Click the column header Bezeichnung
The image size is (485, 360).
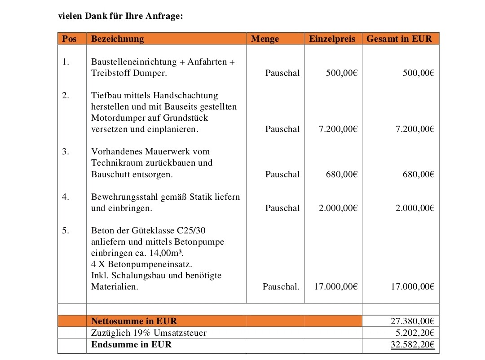point(117,39)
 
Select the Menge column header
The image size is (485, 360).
point(265,39)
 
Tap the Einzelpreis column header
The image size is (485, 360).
point(332,39)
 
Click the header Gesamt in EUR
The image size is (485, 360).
point(399,39)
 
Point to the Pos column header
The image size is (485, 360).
point(69,39)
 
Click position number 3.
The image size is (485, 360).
point(66,151)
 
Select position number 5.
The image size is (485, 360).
point(66,230)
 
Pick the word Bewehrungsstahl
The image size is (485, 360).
point(124,197)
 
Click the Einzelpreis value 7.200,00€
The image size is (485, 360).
point(338,129)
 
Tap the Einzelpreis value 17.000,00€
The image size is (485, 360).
point(335,286)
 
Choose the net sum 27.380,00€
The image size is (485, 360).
point(413,321)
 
